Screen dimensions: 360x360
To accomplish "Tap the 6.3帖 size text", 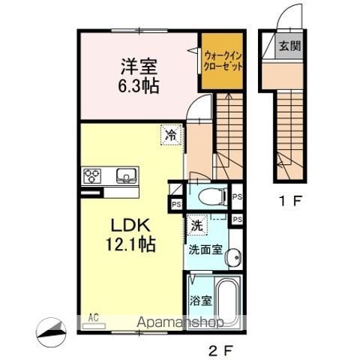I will [x=136, y=86].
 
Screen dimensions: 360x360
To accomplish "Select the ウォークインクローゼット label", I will [x=222, y=60].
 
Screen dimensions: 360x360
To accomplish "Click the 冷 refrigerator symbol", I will [x=171, y=136].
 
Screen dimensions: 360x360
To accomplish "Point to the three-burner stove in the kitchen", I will [x=92, y=176].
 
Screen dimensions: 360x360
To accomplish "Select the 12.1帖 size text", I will [x=135, y=244].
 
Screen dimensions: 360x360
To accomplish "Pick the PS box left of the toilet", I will [x=177, y=203].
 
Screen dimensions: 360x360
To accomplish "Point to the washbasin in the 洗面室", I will [x=234, y=256].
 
